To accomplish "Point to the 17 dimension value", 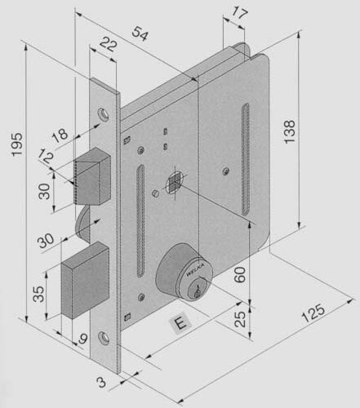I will [x=239, y=13].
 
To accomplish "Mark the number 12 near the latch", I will [x=46, y=157].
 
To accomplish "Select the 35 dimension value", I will [x=38, y=294].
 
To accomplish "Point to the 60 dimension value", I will [x=239, y=274].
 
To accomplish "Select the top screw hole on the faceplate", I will [x=104, y=114].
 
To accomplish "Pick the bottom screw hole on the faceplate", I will [x=104, y=337].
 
